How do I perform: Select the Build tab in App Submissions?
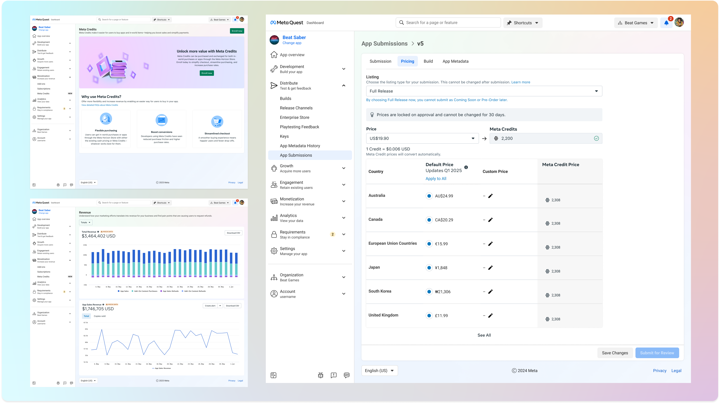click(428, 61)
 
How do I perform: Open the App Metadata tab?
click(455, 61)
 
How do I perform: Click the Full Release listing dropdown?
click(484, 91)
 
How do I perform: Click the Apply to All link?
click(436, 178)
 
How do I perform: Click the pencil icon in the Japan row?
click(490, 268)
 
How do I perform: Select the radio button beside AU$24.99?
click(429, 196)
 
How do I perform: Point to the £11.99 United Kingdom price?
click(441, 316)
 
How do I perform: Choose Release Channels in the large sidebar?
click(296, 108)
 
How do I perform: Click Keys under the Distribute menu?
click(284, 136)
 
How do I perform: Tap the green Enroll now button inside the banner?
click(207, 73)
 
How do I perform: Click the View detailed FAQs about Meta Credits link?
click(99, 105)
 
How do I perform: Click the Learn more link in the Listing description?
click(520, 82)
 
